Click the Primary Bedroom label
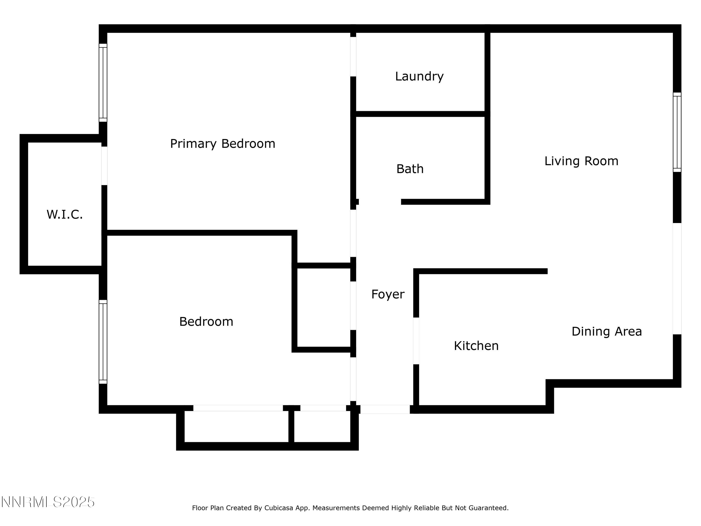[x=222, y=144]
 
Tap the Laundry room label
[x=419, y=76]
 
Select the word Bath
[x=410, y=169]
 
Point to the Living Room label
[x=581, y=161]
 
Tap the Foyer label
[x=388, y=294]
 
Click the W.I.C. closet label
[x=65, y=214]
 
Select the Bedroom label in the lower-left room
[x=206, y=321]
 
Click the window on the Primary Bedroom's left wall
[x=103, y=83]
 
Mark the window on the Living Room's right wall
[x=677, y=132]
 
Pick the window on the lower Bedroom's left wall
[x=103, y=342]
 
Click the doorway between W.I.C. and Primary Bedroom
[x=104, y=166]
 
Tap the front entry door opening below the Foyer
[x=385, y=409]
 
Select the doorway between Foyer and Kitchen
[x=416, y=341]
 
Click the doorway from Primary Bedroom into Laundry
[x=353, y=56]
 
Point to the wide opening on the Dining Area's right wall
[x=677, y=278]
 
